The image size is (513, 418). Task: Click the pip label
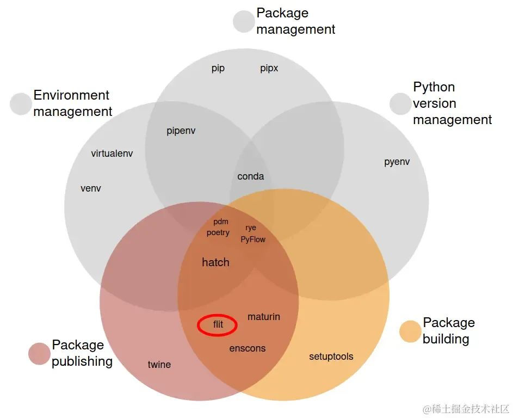(x=218, y=69)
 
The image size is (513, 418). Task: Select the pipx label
(x=269, y=69)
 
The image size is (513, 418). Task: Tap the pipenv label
(x=181, y=131)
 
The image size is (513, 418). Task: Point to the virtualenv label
(x=112, y=153)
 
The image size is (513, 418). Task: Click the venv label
(x=91, y=189)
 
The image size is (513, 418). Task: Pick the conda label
(x=251, y=176)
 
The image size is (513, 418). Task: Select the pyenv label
(x=397, y=162)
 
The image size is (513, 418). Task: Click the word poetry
(x=218, y=233)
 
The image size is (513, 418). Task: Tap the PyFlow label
(x=253, y=239)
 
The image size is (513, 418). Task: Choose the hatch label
(x=215, y=262)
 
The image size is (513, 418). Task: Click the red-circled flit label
(x=218, y=325)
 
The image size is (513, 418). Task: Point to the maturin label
(x=264, y=317)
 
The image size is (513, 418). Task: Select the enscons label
(x=248, y=348)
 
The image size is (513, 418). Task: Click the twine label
(x=159, y=365)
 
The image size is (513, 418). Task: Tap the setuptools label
(x=331, y=356)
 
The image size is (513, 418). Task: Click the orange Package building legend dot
(x=410, y=331)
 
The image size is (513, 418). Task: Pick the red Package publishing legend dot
(x=39, y=354)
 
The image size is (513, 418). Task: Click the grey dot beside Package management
(x=244, y=22)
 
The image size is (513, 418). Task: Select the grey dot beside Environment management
(x=21, y=104)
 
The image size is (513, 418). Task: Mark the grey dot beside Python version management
(x=400, y=104)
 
